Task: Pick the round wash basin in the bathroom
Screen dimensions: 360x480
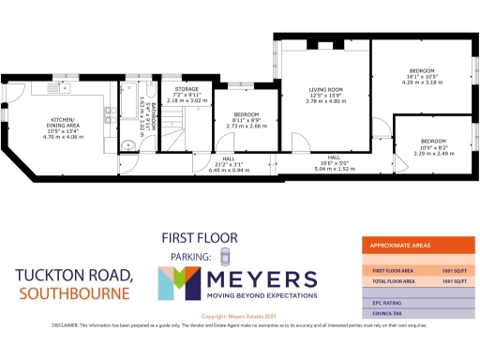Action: [x=127, y=146]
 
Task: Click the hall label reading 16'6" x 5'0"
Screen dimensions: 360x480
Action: [x=334, y=164]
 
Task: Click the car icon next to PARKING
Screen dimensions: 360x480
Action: [x=224, y=257]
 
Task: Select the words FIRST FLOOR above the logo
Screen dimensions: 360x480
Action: [x=199, y=238]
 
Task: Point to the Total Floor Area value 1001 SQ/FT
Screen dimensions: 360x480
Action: [x=454, y=281]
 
